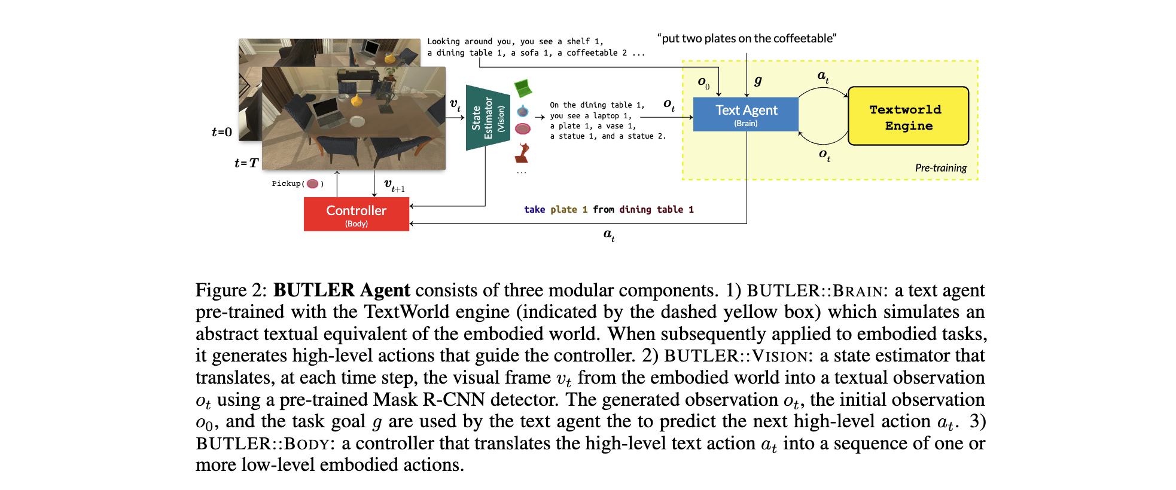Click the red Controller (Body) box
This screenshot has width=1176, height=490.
pyautogui.click(x=356, y=214)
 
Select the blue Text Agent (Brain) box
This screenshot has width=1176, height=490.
pyautogui.click(x=745, y=114)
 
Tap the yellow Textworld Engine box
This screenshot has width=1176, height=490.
pyautogui.click(x=907, y=117)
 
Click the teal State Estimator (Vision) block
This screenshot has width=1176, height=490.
pyautogui.click(x=488, y=118)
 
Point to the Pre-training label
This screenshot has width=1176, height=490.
pyautogui.click(x=940, y=168)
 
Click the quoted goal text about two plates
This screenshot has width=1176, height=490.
pyautogui.click(x=747, y=39)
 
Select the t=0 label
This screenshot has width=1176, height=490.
pyautogui.click(x=222, y=132)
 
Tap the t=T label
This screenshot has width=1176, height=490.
pyautogui.click(x=246, y=163)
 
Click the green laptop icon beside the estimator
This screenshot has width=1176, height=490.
pyautogui.click(x=523, y=88)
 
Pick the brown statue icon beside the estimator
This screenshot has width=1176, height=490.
pyautogui.click(x=523, y=153)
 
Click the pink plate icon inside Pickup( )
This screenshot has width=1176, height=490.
pyautogui.click(x=312, y=183)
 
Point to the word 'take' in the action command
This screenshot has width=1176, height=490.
pyautogui.click(x=534, y=210)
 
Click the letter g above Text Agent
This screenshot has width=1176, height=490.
pyautogui.click(x=758, y=81)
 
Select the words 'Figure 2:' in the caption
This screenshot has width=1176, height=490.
pyautogui.click(x=231, y=290)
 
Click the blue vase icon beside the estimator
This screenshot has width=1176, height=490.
pyautogui.click(x=523, y=111)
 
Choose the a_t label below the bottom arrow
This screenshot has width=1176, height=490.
pyautogui.click(x=608, y=235)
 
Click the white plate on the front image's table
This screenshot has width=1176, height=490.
pyautogui.click(x=357, y=121)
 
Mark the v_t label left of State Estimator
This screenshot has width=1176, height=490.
pyautogui.click(x=455, y=105)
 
